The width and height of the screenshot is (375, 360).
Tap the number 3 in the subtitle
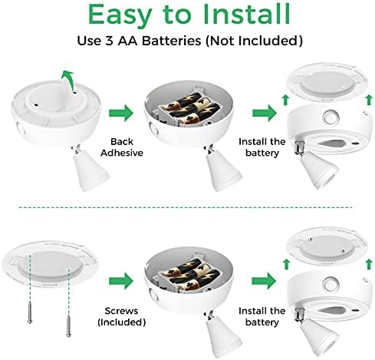click(x=109, y=41)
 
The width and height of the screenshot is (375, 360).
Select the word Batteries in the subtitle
click(x=171, y=41)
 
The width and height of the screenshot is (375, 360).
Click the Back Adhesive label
click(x=122, y=147)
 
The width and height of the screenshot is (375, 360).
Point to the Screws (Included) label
click(x=122, y=316)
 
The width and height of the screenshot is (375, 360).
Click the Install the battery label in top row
click(x=262, y=147)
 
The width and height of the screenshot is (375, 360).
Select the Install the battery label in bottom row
click(x=262, y=316)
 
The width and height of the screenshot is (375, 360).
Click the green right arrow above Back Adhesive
click(x=121, y=113)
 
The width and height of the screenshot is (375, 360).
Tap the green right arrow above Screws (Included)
click(x=121, y=281)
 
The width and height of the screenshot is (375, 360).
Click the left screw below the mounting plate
click(x=30, y=312)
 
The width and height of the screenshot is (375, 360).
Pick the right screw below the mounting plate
click(x=68, y=326)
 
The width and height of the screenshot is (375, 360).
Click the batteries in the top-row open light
click(x=189, y=109)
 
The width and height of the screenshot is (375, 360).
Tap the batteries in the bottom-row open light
click(x=189, y=274)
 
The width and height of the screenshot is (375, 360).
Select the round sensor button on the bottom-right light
click(x=330, y=284)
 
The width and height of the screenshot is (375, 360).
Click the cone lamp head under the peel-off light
click(x=90, y=172)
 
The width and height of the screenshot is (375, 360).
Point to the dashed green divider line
click(x=186, y=207)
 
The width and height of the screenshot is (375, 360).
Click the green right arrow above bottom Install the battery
click(x=264, y=281)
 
